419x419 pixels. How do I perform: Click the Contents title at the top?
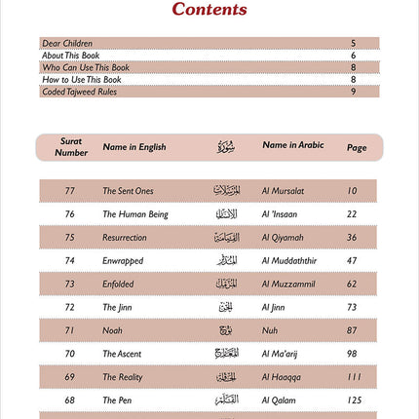[209, 11]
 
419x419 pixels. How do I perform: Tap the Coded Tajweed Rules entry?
[75, 92]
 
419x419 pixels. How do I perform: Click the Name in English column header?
[133, 148]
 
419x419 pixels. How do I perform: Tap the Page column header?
[357, 148]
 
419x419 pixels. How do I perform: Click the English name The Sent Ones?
[128, 191]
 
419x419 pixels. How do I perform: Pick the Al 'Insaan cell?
[285, 214]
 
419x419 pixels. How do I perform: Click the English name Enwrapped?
[123, 261]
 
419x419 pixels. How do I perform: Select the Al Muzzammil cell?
[290, 285]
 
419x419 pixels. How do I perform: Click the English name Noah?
[112, 330]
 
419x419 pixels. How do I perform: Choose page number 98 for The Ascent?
[357, 354]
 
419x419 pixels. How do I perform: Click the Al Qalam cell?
[281, 400]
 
